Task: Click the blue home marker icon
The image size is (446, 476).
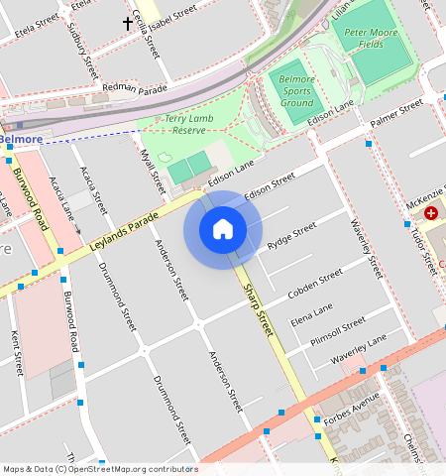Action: click(x=223, y=229)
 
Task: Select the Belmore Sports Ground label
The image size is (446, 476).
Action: click(x=296, y=90)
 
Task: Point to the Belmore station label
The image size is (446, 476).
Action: click(x=20, y=140)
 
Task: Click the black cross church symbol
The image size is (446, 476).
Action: click(x=128, y=22)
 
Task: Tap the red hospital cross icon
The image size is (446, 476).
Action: click(x=431, y=213)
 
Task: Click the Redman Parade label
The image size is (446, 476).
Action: click(x=135, y=88)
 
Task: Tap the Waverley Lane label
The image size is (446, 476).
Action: click(x=358, y=350)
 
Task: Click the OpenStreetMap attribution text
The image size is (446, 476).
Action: click(x=100, y=469)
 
